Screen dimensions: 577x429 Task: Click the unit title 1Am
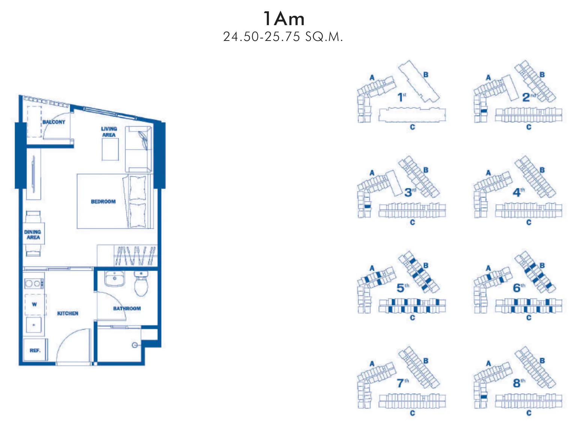283,19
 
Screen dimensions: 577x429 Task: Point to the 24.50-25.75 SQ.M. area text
283,37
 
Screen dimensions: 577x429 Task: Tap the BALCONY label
54,122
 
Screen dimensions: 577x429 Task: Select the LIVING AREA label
109,132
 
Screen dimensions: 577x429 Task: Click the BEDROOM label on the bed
103,202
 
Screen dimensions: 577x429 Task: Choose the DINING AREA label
33,235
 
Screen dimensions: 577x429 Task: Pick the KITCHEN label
68,313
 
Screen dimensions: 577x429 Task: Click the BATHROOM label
127,309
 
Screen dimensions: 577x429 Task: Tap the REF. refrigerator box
35,350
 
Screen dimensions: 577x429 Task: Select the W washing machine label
34,304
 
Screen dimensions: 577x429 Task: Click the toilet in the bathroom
141,284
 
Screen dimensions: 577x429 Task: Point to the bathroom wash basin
114,278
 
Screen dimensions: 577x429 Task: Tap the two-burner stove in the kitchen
34,283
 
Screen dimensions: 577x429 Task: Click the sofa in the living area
139,149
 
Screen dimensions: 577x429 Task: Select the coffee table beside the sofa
110,149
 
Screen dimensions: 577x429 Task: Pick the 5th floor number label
403,288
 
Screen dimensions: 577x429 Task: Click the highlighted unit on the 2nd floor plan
484,111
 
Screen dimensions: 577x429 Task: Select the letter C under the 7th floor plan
413,413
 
